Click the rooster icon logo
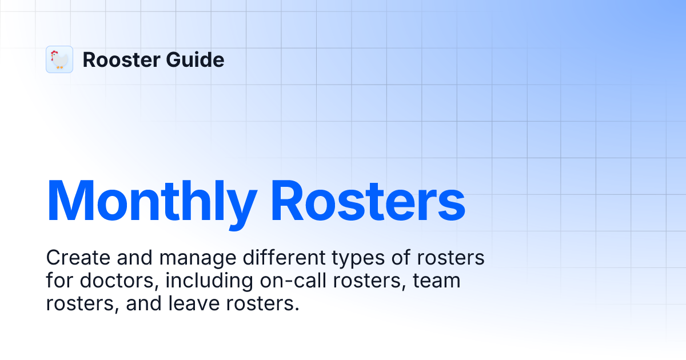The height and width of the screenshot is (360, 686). [x=59, y=59]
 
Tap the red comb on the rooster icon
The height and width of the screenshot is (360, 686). [x=55, y=53]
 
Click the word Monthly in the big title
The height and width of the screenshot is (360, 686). [x=151, y=201]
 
